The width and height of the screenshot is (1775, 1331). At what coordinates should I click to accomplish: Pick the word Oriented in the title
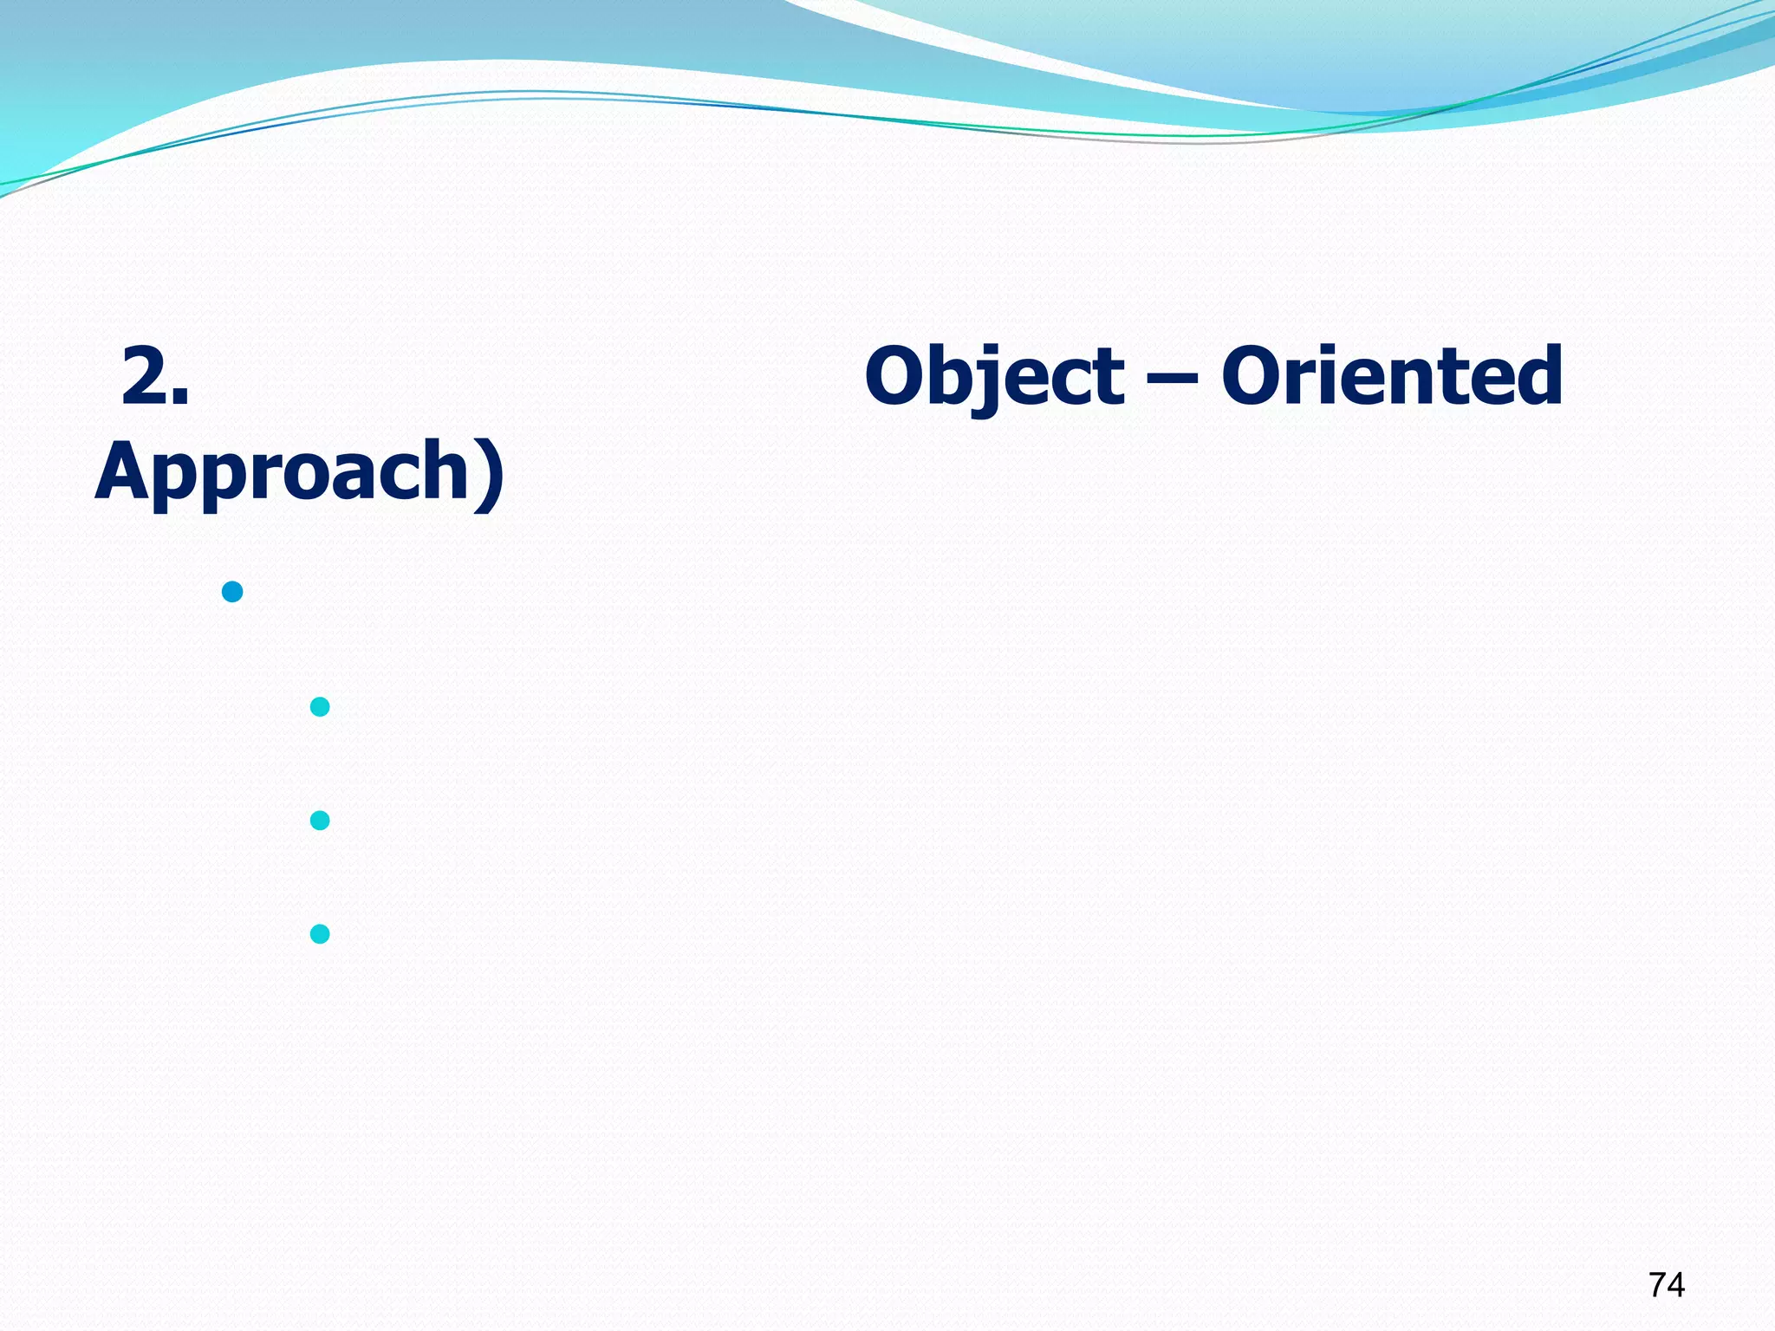1392,376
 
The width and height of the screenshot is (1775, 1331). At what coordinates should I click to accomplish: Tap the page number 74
1666,1285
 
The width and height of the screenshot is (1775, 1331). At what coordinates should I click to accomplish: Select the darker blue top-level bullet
232,592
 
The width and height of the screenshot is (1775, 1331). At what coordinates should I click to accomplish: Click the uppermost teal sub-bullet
320,707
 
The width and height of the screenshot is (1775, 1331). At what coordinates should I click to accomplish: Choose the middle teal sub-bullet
320,820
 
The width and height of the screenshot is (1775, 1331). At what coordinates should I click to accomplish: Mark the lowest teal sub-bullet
320,934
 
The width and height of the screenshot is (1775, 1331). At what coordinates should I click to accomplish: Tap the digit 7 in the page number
1656,1285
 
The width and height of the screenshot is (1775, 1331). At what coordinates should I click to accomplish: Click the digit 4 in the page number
1676,1285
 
